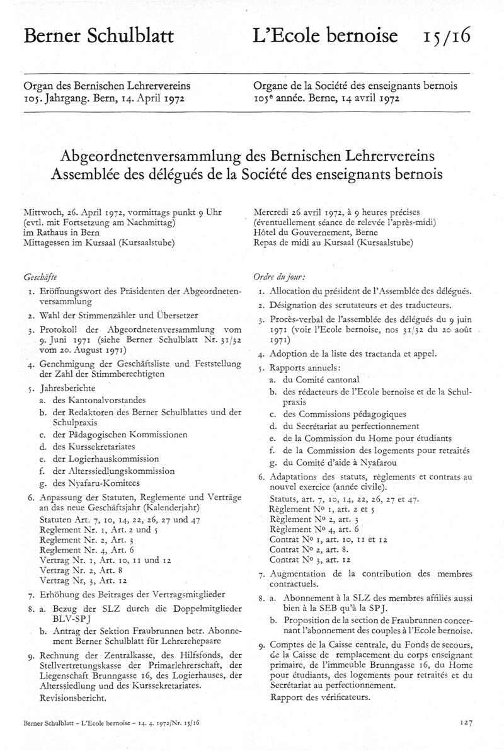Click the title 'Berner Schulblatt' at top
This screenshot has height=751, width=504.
pyautogui.click(x=98, y=37)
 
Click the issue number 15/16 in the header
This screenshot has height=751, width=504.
pyautogui.click(x=447, y=37)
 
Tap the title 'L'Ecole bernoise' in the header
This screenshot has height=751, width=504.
pyautogui.click(x=326, y=37)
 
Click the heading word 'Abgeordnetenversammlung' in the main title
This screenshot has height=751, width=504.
pyautogui.click(x=161, y=154)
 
